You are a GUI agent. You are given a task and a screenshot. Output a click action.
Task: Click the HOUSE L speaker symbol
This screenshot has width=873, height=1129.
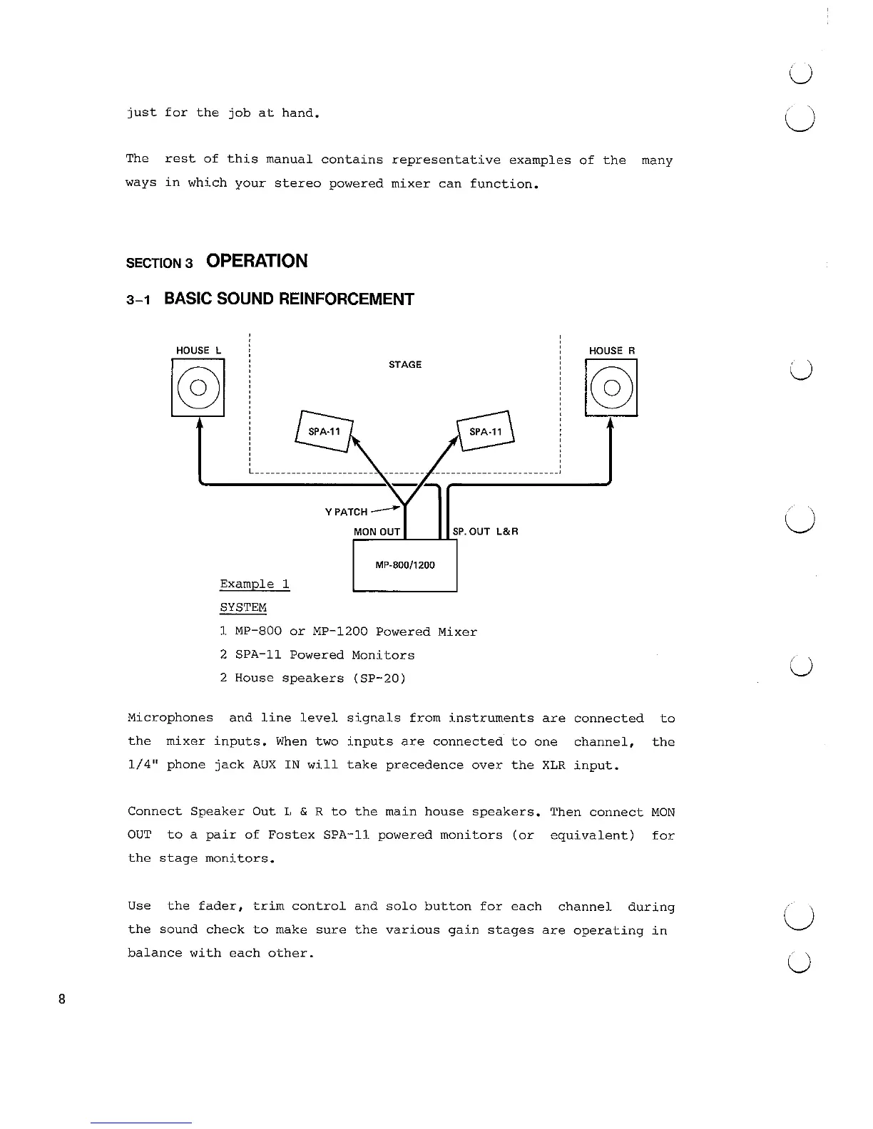198,388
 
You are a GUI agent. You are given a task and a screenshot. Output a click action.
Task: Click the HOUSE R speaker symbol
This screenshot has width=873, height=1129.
611,388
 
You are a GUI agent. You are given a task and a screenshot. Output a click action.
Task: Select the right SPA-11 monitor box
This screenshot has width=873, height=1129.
486,432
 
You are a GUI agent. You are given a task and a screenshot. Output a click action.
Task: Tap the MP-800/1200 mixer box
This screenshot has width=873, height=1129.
404,566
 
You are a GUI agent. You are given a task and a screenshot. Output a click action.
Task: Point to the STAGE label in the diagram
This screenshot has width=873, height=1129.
404,365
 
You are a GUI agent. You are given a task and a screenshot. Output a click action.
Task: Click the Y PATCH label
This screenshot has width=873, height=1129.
346,512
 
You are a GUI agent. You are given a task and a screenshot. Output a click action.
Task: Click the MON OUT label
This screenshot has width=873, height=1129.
377,532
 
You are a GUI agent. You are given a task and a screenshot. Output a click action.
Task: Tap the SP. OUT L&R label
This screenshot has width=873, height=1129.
485,532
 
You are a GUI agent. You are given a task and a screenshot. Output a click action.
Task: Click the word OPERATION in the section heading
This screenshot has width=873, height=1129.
257,262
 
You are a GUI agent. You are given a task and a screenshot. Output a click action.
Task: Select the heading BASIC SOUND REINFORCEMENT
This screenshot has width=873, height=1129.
289,299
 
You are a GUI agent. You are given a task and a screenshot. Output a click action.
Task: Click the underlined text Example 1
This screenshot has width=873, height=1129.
255,584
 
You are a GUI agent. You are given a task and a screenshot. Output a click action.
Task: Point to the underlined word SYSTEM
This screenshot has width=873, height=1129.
242,608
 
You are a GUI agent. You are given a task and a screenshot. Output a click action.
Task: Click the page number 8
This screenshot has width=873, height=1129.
62,999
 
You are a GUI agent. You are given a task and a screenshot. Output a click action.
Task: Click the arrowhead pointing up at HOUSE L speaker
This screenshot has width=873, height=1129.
199,423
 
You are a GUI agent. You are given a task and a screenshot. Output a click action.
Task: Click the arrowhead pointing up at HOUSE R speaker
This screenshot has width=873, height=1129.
611,423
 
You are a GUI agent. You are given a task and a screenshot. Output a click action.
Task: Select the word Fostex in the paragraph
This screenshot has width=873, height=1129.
291,835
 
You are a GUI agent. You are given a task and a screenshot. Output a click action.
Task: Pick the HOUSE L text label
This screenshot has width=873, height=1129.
198,351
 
